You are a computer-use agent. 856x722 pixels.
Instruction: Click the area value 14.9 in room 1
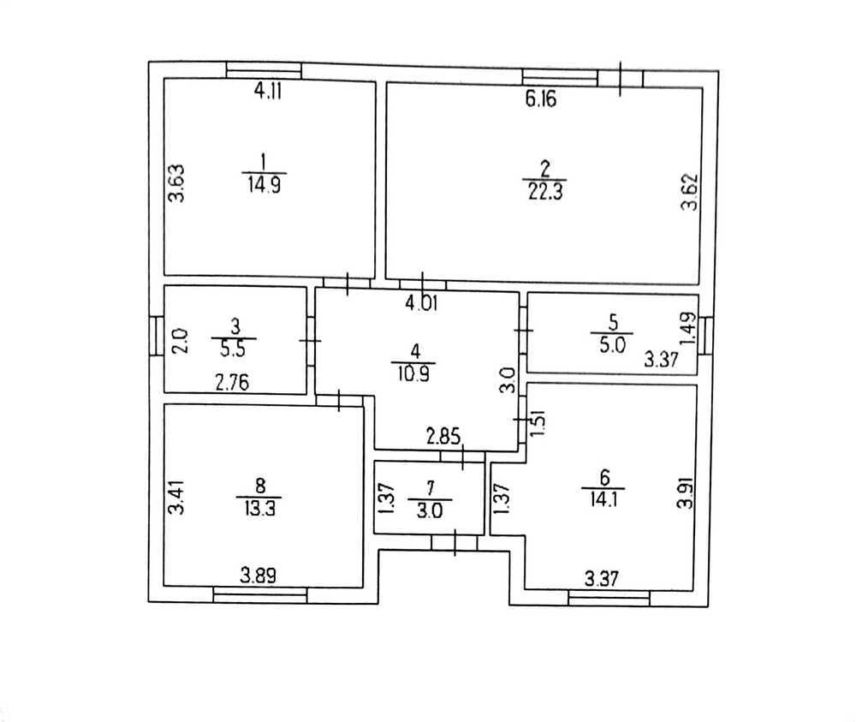(265, 185)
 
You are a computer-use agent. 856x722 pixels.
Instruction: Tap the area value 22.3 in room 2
(545, 192)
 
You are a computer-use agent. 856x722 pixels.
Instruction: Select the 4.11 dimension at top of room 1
(268, 91)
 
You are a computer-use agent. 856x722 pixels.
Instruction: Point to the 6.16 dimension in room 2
(541, 99)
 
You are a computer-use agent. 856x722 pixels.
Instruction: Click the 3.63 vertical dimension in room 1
(176, 183)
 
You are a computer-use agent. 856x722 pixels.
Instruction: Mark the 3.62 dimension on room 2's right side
(689, 192)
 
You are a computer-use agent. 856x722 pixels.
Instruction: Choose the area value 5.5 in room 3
(233, 349)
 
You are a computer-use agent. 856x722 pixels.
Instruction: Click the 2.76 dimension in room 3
(232, 383)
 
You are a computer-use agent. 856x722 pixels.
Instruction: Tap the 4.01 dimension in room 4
(421, 303)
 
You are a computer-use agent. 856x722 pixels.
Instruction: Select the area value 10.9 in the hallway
(413, 373)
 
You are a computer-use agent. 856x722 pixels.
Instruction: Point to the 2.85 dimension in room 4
(443, 437)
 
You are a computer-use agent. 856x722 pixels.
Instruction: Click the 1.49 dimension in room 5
(688, 328)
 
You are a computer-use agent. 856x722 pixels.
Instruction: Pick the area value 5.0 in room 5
(613, 345)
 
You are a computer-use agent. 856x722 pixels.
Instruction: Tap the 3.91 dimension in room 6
(685, 493)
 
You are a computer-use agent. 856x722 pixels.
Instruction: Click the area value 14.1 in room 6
(603, 499)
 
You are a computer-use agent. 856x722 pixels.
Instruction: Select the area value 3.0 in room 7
(431, 511)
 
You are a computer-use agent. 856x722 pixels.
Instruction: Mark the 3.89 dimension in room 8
(259, 576)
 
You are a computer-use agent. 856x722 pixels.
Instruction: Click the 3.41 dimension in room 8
(176, 498)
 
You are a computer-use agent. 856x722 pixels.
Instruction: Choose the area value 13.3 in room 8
(260, 509)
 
